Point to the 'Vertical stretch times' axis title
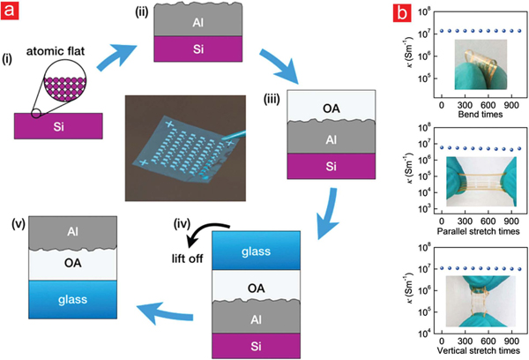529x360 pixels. click(x=476, y=349)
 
